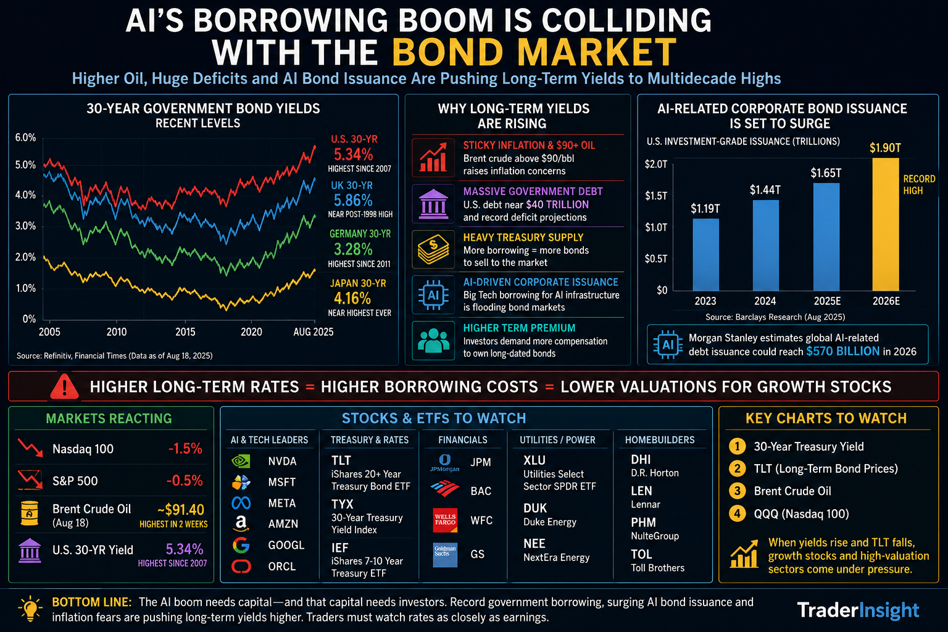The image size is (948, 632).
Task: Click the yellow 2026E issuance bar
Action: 886,225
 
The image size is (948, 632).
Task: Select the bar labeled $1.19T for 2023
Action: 705,254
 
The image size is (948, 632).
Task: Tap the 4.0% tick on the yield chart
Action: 25,195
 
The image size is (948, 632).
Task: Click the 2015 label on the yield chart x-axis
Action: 185,332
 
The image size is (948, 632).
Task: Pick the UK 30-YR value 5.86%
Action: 353,200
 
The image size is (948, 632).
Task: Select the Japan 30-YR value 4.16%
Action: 352,299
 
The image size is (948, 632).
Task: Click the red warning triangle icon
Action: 64,387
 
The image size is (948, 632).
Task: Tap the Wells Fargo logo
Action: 445,520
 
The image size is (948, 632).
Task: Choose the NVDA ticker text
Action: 282,461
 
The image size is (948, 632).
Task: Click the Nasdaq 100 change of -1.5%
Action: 185,448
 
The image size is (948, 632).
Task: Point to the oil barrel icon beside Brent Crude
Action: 30,513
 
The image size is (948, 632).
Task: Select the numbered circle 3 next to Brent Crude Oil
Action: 738,491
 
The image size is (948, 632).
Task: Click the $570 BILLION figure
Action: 842,351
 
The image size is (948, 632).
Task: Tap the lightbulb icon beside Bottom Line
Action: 30,609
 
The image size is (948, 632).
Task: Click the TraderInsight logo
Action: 858,610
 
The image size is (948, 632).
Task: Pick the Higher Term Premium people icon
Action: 433,341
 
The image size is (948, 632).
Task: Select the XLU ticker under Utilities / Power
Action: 534,460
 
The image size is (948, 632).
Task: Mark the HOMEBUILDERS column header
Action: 660,440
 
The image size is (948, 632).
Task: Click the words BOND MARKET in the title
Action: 534,52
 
